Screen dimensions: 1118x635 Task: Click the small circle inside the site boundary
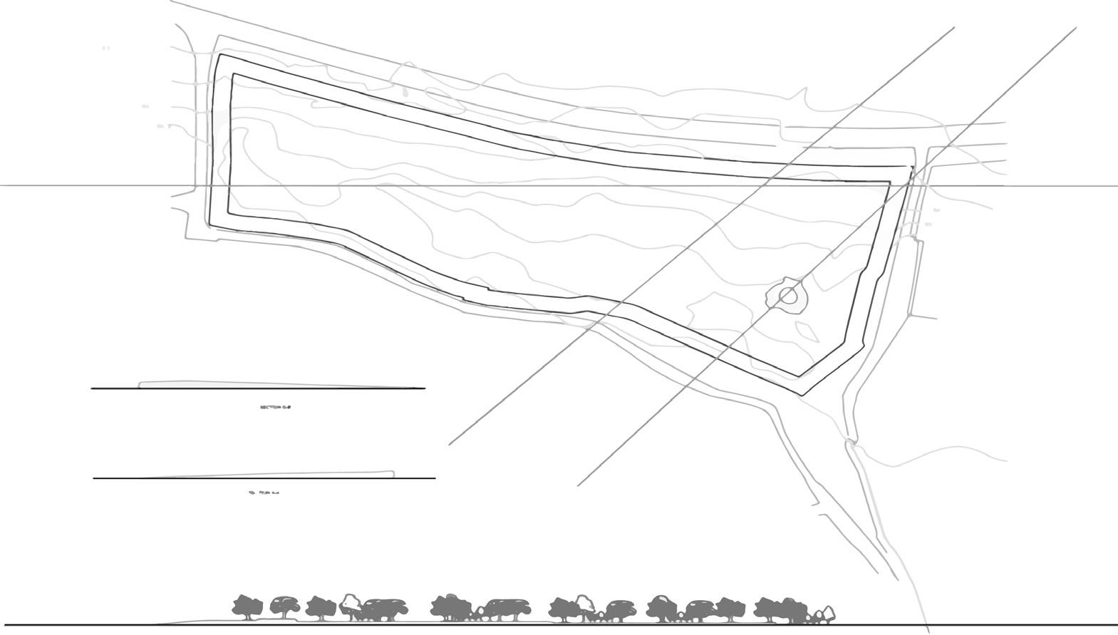tap(788, 295)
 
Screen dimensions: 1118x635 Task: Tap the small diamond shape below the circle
tap(807, 330)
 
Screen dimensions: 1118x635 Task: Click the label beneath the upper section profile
tap(276, 408)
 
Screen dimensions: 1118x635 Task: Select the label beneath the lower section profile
tap(264, 492)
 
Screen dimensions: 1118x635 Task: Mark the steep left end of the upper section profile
tap(140, 385)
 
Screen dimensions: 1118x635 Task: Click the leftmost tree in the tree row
tap(245, 606)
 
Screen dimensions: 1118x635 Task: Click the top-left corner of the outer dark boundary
tap(220, 54)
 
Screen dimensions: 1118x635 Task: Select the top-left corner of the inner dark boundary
tap(234, 74)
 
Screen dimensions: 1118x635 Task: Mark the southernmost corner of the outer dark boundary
tap(803, 394)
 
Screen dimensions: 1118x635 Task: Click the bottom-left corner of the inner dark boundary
tap(228, 212)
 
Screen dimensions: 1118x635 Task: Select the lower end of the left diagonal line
tap(450, 444)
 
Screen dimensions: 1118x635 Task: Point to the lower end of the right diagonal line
tap(578, 485)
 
